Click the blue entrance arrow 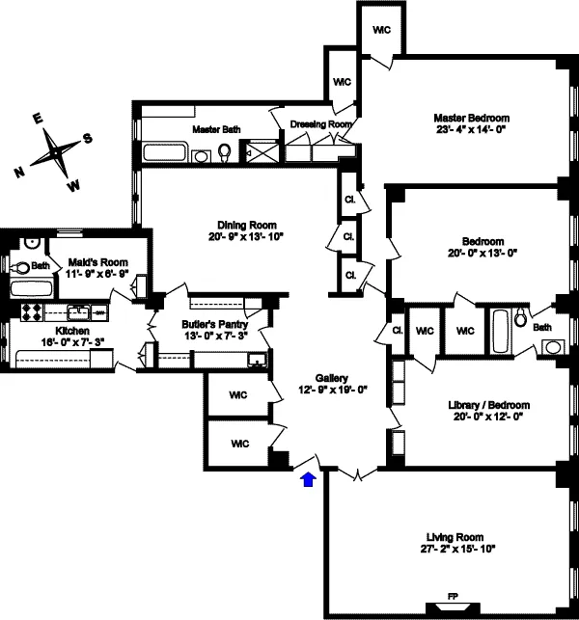pyautogui.click(x=308, y=479)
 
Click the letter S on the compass pyautogui.click(x=88, y=137)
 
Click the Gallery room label pyautogui.click(x=331, y=378)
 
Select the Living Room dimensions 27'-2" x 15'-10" pyautogui.click(x=454, y=550)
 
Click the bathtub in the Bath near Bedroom pyautogui.click(x=502, y=333)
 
